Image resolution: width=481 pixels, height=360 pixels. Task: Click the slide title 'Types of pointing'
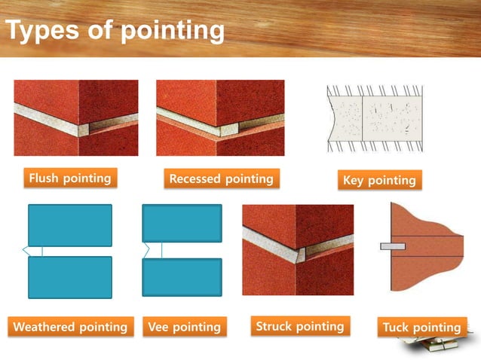pyautogui.click(x=115, y=31)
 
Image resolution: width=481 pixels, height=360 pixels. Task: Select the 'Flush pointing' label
pyautogui.click(x=69, y=178)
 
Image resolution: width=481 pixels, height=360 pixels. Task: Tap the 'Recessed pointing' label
pyautogui.click(x=221, y=179)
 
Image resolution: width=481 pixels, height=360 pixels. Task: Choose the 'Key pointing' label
pyautogui.click(x=379, y=180)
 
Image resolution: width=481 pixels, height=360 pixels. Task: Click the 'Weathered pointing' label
pyautogui.click(x=70, y=327)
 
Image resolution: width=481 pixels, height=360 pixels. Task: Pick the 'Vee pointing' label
pyautogui.click(x=185, y=327)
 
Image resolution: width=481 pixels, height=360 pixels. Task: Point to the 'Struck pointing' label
pyautogui.click(x=299, y=326)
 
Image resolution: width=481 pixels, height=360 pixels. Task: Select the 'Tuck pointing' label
pyautogui.click(x=421, y=328)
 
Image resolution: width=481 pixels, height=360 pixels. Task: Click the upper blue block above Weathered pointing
pyautogui.click(x=69, y=225)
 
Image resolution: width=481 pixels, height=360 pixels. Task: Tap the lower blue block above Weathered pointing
pyautogui.click(x=69, y=277)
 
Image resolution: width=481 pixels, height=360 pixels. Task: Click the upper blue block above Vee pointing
pyautogui.click(x=182, y=223)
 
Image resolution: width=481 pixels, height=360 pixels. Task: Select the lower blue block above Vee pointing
pyautogui.click(x=182, y=277)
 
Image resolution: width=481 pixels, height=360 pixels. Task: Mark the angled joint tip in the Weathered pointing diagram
pyautogui.click(x=27, y=251)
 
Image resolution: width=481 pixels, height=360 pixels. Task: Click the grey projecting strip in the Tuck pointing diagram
pyautogui.click(x=393, y=246)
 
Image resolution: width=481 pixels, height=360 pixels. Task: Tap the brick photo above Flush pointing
pyautogui.click(x=76, y=117)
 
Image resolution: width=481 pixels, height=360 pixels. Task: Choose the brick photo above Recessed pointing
pyautogui.click(x=220, y=117)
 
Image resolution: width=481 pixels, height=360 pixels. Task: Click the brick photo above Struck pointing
pyautogui.click(x=297, y=250)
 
